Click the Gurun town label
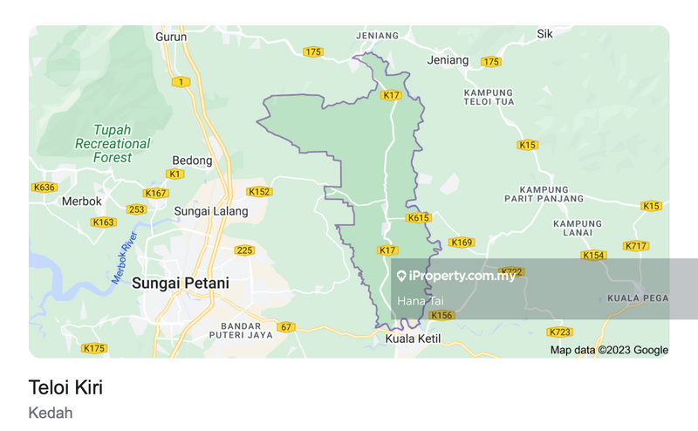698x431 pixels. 171,38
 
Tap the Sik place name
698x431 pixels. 544,35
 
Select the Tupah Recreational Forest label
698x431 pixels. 113,143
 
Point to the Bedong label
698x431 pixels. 192,161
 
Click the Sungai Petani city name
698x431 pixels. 181,283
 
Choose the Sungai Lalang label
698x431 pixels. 211,211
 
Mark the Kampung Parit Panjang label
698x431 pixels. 544,194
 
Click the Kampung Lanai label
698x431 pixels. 578,229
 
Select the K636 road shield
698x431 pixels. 43,187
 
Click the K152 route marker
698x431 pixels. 259,192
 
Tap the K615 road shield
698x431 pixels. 419,218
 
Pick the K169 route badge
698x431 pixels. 461,242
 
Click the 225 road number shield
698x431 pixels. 244,250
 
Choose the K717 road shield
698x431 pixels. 636,246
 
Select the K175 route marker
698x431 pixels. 93,348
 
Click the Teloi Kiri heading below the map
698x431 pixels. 72,387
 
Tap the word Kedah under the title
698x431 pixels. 51,413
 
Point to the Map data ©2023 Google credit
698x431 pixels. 609,350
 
